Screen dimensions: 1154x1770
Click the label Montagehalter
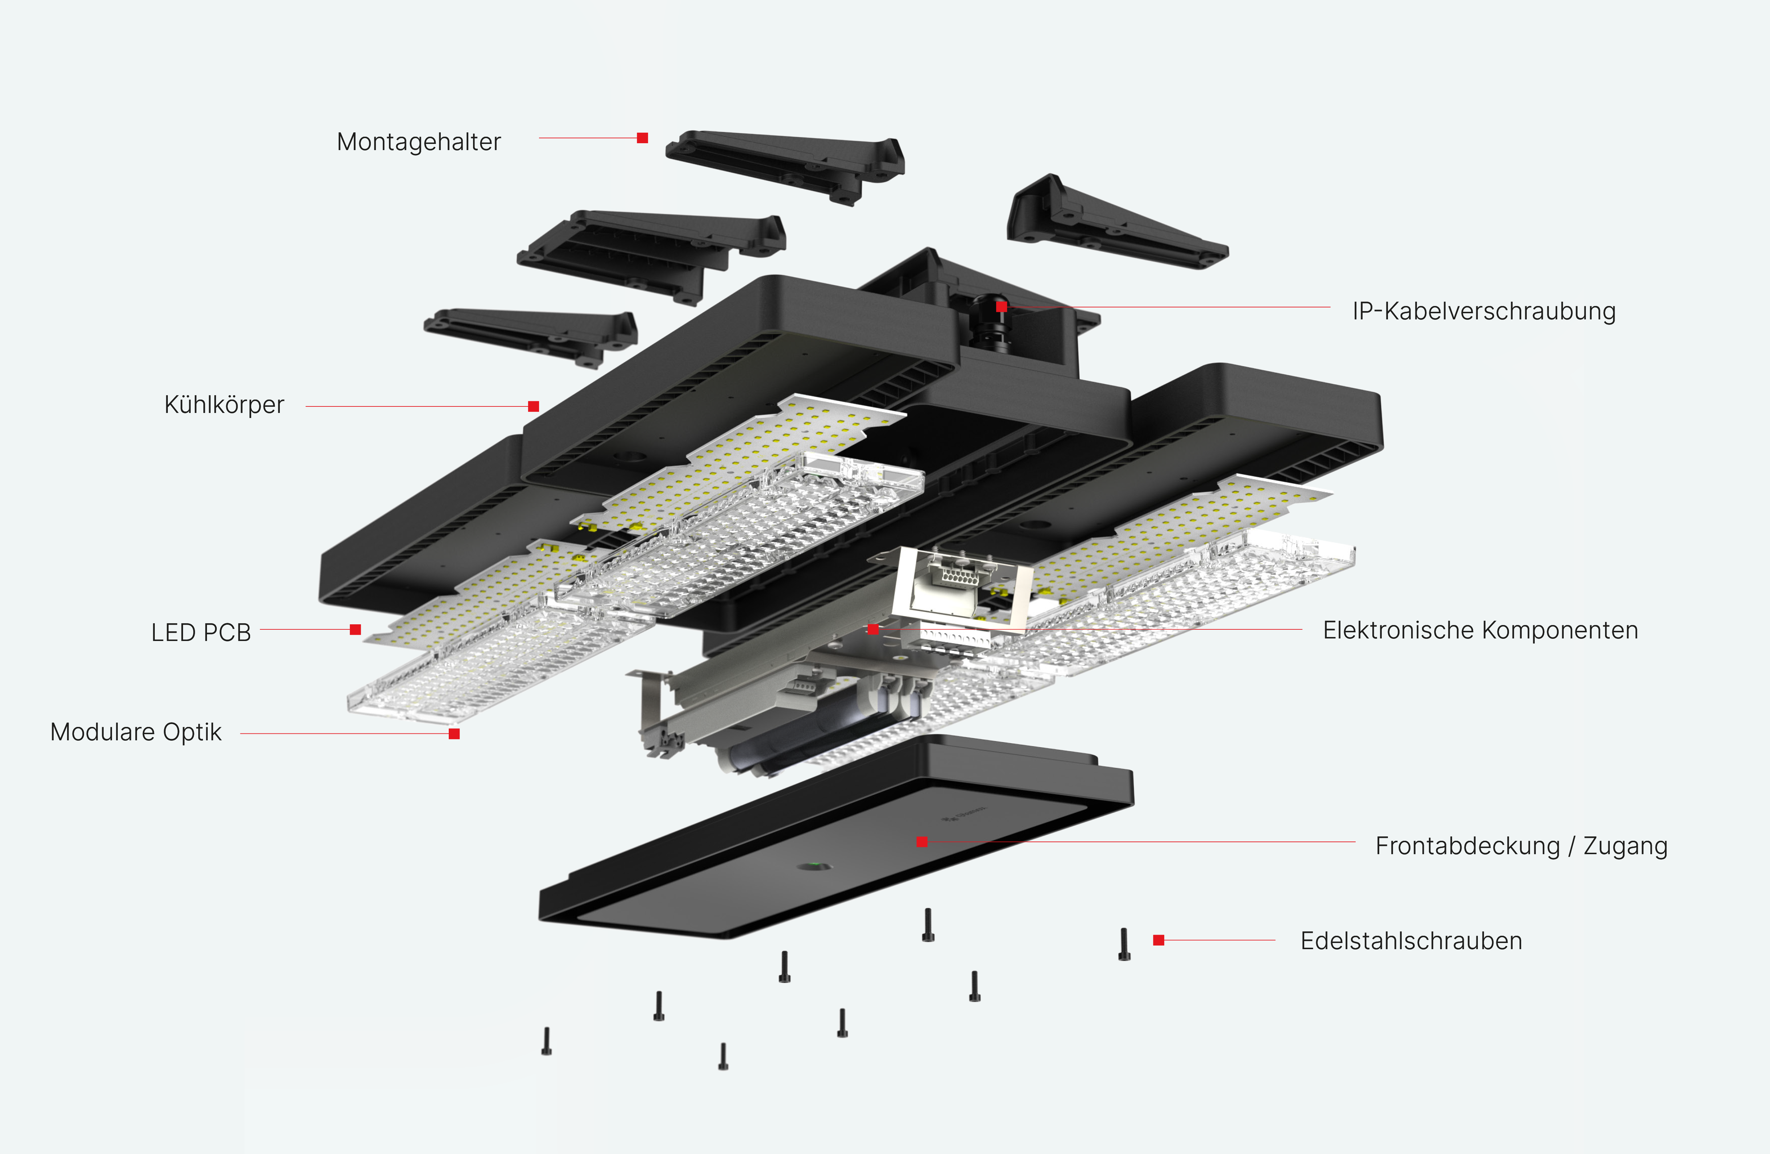pos(419,141)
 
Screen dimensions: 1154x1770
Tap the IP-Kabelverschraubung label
pos(1484,311)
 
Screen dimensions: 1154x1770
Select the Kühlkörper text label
pos(224,405)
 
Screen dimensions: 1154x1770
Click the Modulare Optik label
pos(136,732)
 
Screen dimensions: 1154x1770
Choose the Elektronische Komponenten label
pos(1480,630)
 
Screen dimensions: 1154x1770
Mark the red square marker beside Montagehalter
pos(643,138)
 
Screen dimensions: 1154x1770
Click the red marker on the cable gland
pos(1002,307)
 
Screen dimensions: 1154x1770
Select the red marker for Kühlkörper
pos(533,406)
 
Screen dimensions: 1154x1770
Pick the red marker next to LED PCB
pos(356,629)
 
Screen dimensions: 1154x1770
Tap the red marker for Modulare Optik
pos(455,733)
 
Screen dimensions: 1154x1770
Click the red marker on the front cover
pos(922,841)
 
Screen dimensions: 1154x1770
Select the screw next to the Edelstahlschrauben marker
pos(1124,944)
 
